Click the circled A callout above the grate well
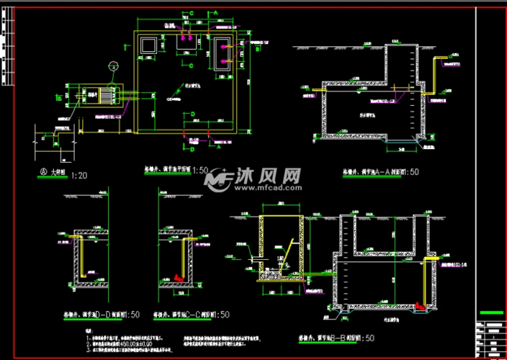pos(112,66)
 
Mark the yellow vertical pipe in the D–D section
pos(81,256)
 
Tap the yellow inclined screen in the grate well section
pos(283,256)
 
